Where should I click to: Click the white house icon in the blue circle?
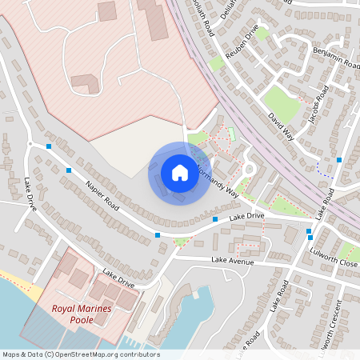(179, 173)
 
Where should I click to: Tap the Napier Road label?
(102, 196)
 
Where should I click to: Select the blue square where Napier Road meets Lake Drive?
(157, 235)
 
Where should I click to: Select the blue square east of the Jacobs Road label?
(339, 160)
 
